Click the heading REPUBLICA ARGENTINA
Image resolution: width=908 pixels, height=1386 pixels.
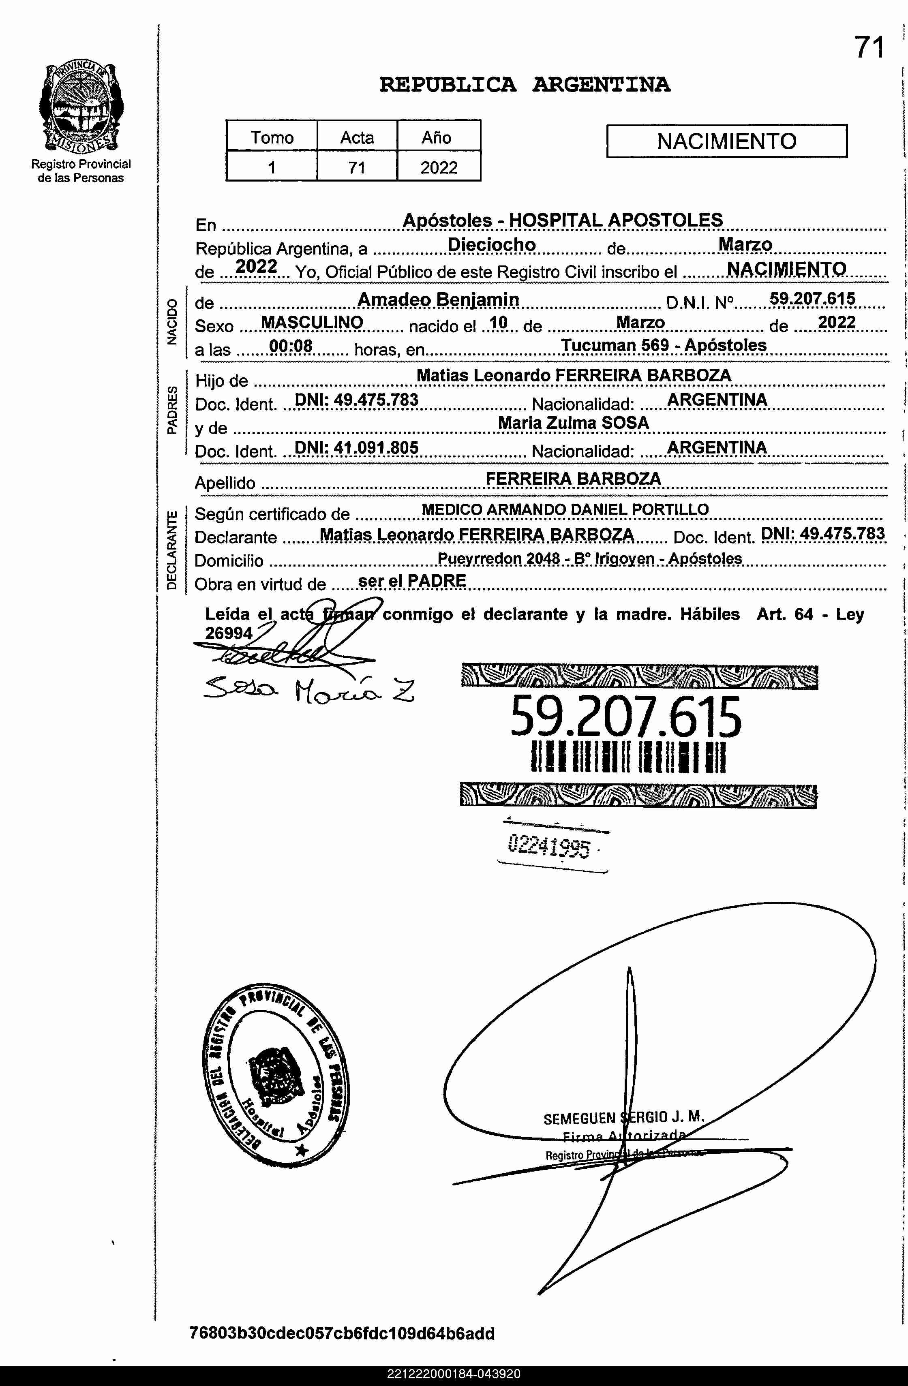point(524,85)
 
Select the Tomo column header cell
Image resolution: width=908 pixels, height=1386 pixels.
point(272,137)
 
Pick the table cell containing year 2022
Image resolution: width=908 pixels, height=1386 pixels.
point(439,168)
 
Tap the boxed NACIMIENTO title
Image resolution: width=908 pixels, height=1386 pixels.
point(726,141)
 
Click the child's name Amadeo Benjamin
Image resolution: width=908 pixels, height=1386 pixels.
point(438,299)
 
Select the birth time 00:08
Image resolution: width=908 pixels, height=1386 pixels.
point(291,346)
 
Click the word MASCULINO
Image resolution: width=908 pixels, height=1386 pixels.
point(312,323)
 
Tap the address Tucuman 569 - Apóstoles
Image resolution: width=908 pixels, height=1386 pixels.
point(664,345)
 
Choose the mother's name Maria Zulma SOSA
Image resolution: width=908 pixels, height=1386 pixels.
point(573,423)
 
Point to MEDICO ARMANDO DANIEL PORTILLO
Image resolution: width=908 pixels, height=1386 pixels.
point(565,509)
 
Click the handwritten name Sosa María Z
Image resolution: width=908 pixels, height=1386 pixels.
point(309,690)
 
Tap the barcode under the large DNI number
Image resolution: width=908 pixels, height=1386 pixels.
point(628,758)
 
